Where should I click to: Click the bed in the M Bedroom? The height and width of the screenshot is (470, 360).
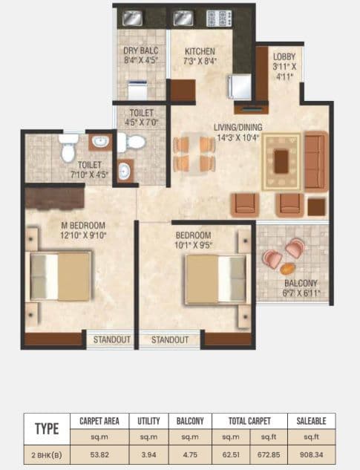(59, 275)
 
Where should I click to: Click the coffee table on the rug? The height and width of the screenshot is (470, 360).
(281, 160)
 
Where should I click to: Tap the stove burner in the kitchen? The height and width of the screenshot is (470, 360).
(220, 18)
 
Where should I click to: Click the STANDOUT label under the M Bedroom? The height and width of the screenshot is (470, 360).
(112, 339)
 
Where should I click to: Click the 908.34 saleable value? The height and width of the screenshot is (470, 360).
(311, 453)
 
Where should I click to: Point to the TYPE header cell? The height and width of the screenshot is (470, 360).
(48, 429)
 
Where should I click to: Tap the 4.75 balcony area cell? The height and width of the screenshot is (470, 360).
(191, 453)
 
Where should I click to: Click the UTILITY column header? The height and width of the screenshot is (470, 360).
(149, 421)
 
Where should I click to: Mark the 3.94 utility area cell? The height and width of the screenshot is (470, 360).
(149, 453)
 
